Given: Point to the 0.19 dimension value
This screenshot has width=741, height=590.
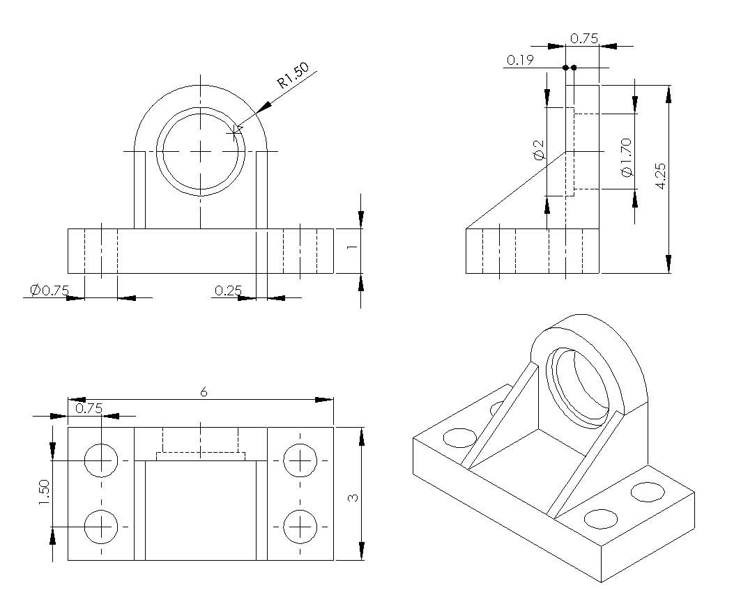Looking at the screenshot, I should pyautogui.click(x=520, y=61).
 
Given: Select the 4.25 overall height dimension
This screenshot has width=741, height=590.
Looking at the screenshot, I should pyautogui.click(x=661, y=176).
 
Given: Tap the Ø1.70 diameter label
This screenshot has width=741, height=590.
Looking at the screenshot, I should pyautogui.click(x=625, y=157).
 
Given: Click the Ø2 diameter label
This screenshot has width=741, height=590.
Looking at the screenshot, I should pyautogui.click(x=538, y=150).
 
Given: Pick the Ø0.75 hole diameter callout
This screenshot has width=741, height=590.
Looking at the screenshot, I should pyautogui.click(x=49, y=290).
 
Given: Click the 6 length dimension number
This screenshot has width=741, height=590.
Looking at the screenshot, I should pyautogui.click(x=204, y=392).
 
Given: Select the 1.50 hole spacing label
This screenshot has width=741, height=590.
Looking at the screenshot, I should pyautogui.click(x=44, y=492).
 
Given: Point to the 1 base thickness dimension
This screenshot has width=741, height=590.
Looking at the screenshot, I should pyautogui.click(x=353, y=247).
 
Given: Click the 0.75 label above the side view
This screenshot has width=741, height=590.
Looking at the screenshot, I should pyautogui.click(x=583, y=39).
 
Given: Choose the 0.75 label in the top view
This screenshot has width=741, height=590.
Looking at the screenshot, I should pyautogui.click(x=89, y=408).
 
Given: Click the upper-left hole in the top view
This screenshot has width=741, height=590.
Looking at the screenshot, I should pyautogui.click(x=102, y=460).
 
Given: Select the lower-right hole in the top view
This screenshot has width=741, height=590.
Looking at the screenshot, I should pyautogui.click(x=300, y=526).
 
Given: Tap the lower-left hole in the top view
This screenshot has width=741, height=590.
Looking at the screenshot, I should pyautogui.click(x=102, y=526).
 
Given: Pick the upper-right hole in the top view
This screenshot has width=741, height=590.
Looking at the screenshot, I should pyautogui.click(x=300, y=460).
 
